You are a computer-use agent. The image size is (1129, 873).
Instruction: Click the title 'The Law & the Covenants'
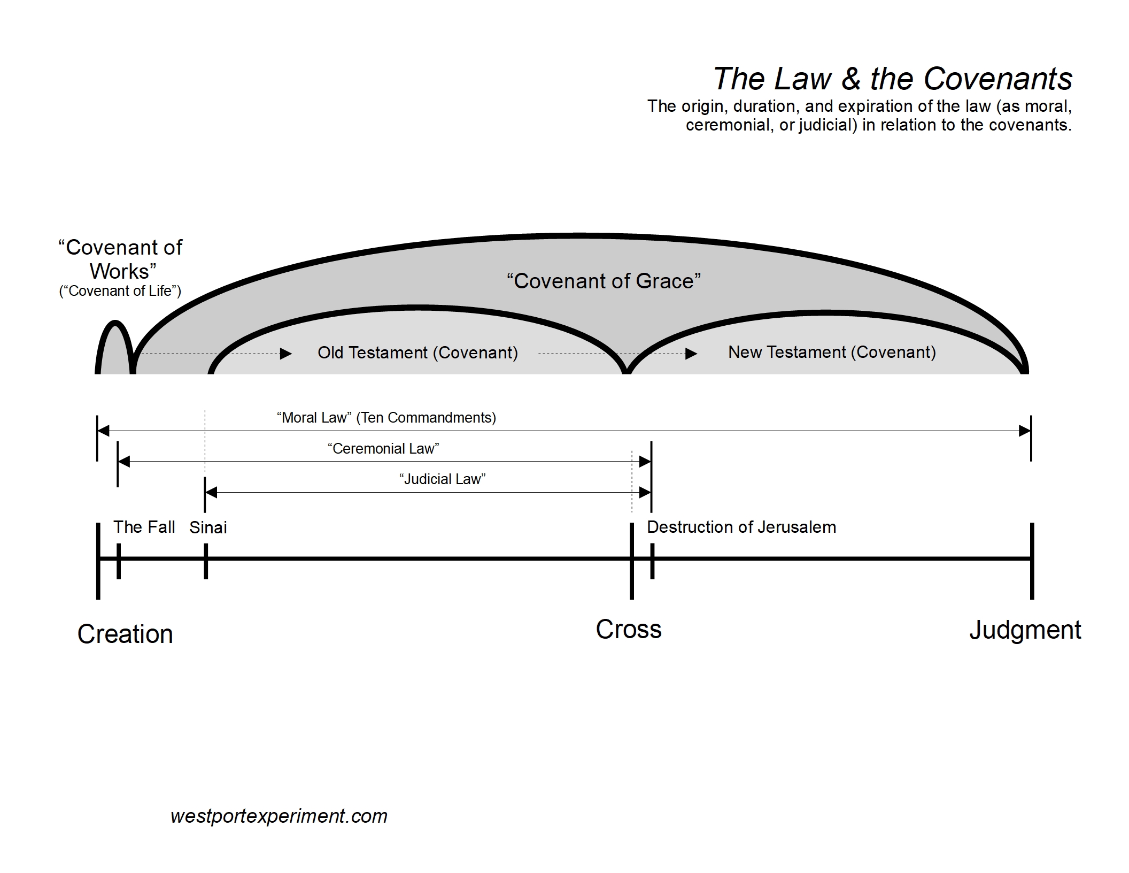892,79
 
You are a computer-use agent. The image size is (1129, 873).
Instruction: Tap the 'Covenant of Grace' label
604,281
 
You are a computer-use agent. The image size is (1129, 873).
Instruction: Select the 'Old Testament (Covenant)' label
417,353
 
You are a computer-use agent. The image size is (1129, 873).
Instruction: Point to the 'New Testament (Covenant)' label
832,352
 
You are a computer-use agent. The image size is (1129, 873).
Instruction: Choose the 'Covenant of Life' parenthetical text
120,291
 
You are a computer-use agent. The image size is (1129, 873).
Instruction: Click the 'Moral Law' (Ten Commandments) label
386,417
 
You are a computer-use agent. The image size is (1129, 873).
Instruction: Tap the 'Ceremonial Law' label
383,448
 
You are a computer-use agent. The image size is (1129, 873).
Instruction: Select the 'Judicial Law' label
442,479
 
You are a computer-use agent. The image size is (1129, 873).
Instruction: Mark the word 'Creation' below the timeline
125,634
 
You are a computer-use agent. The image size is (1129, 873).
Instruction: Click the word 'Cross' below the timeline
629,629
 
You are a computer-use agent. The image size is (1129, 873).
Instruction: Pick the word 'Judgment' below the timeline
1025,630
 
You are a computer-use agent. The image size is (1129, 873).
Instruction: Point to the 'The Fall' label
144,527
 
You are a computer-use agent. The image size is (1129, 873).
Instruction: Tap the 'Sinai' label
208,527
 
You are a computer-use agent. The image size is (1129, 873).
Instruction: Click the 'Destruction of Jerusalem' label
741,527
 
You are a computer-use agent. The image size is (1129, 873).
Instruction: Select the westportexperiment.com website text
279,816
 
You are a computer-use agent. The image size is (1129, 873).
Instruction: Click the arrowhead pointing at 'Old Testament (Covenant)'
286,354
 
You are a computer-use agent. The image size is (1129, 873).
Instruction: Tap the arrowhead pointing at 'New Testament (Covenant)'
691,354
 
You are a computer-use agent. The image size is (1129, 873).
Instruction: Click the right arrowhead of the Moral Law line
1024,431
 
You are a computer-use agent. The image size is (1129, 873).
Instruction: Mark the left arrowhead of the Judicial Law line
211,492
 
